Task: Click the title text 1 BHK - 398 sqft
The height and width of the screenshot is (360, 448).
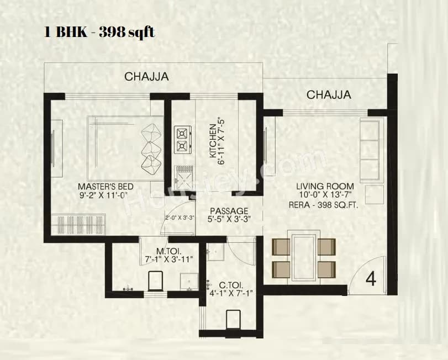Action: click(x=99, y=32)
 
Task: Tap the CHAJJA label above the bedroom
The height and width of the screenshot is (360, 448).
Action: click(x=146, y=77)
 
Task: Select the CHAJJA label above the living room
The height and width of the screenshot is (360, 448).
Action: click(x=329, y=95)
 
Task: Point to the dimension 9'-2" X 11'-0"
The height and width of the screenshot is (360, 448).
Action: click(x=103, y=195)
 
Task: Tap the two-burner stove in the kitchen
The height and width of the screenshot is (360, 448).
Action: click(x=182, y=140)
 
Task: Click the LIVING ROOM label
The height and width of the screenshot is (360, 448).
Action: click(x=325, y=187)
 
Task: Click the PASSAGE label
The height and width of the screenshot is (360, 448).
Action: click(x=229, y=211)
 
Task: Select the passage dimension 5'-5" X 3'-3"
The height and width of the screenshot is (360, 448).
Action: click(x=229, y=219)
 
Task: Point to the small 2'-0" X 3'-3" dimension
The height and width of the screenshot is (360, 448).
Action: click(x=179, y=218)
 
